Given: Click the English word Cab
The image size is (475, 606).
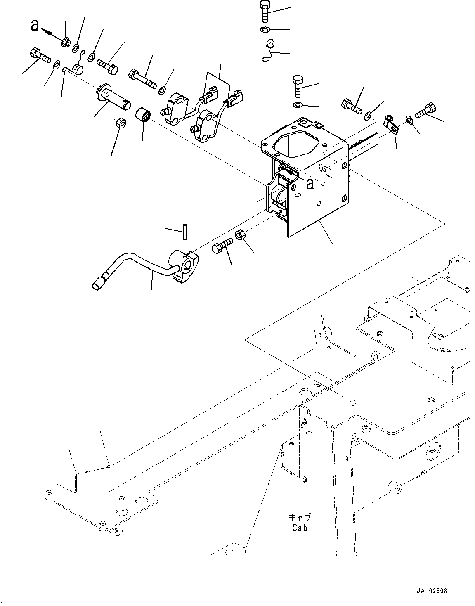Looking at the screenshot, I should click(300, 528).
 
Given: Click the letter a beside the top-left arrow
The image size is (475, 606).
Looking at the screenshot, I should click(35, 26).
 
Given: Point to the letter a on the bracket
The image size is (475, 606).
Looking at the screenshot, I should click(310, 185).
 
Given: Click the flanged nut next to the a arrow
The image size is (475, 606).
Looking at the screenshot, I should click(65, 42).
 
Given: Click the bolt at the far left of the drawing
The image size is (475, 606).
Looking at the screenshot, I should click(40, 55).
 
